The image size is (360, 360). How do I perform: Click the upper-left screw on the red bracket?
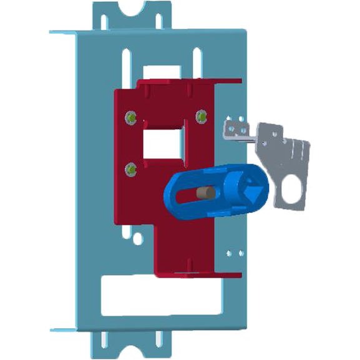click(x=130, y=116)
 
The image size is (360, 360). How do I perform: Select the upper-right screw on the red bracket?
click(x=201, y=115)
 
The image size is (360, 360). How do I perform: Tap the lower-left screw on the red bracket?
click(x=130, y=168)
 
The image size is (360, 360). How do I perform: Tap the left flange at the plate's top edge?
click(x=63, y=32)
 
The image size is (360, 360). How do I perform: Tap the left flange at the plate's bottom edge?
click(x=63, y=329)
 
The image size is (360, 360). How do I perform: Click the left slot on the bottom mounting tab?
click(x=104, y=342)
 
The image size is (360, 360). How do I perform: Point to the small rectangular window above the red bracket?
click(x=162, y=72)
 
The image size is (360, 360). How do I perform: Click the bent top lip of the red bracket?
click(x=187, y=82)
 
